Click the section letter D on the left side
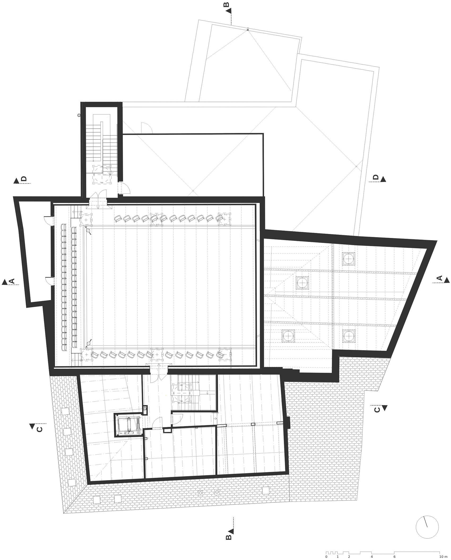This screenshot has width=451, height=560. [x=24, y=179]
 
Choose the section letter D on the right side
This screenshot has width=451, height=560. [x=375, y=177]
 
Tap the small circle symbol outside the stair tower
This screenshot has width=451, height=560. [x=79, y=115]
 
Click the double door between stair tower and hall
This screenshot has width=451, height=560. [x=98, y=197]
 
